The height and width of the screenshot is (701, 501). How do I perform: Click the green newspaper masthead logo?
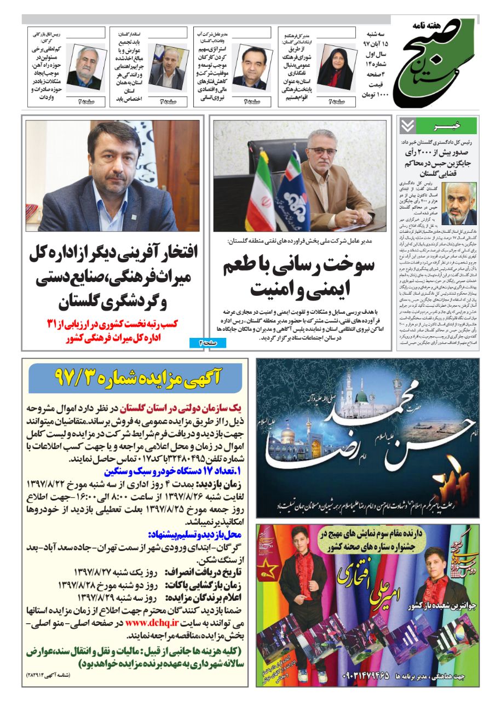click(441, 63)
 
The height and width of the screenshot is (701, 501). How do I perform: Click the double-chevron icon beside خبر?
click(407, 126)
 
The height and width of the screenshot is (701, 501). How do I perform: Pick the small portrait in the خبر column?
click(458, 203)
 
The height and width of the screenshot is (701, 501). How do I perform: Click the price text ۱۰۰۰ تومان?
click(375, 94)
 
